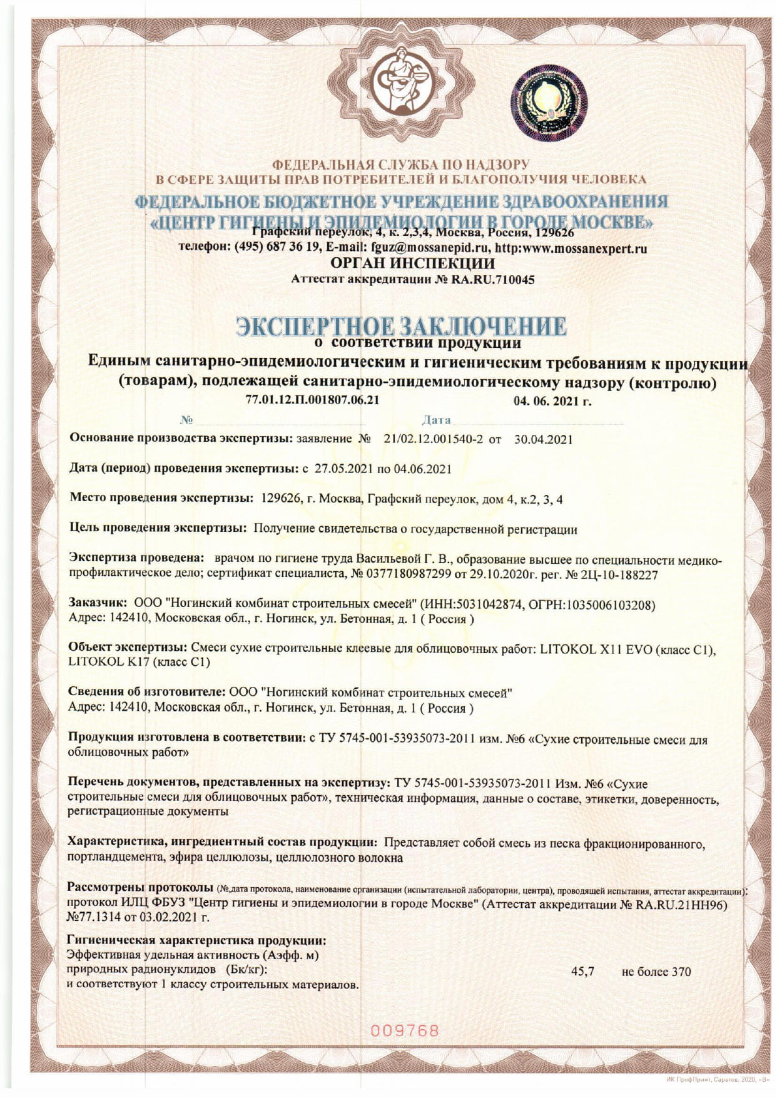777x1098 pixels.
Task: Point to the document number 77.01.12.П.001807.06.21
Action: click(313, 400)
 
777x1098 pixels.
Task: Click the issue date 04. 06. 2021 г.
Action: click(552, 402)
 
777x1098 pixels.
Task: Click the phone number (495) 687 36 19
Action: click(277, 248)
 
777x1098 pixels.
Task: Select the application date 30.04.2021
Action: click(543, 439)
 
